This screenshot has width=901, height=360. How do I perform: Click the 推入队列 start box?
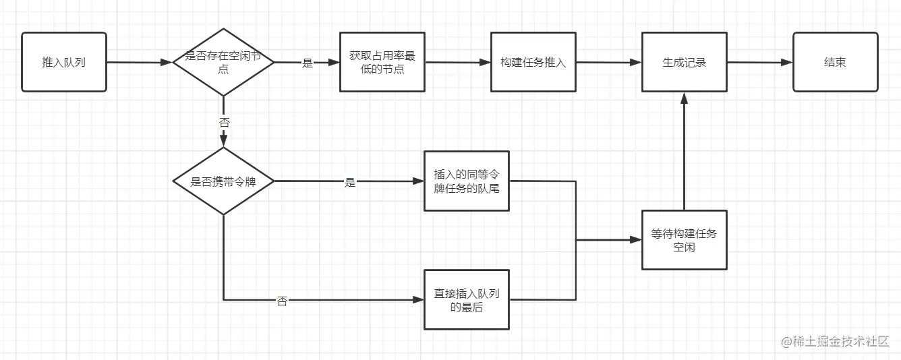pos(64,62)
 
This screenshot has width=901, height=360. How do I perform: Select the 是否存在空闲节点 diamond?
pos(223,62)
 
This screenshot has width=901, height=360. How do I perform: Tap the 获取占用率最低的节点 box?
pos(382,62)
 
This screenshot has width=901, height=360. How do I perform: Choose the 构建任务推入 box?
pos(533,62)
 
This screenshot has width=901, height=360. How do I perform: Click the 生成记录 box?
pos(684,62)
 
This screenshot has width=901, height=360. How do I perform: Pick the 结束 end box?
pos(835,62)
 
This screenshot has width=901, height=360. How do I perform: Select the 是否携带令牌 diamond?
pos(223,181)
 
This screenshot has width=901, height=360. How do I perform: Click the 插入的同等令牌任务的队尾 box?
pos(467,181)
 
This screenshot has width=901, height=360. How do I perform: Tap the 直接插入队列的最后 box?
pos(467,300)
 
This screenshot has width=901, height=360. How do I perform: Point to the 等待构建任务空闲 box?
pos(684,240)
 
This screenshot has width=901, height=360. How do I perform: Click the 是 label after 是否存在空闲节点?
pos(308,63)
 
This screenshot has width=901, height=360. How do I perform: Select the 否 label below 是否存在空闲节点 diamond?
pos(224,122)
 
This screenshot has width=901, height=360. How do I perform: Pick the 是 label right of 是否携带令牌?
pos(349,182)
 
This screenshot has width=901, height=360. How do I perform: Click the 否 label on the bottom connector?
pos(282,301)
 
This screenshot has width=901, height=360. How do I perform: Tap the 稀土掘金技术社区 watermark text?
pos(836,342)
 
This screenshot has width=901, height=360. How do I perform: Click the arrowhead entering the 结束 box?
pos(787,62)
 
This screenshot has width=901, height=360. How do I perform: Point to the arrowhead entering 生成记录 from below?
pos(684,98)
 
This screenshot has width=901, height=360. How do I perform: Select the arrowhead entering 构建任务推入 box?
pos(485,62)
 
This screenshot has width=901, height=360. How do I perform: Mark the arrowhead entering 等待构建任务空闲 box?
pos(636,239)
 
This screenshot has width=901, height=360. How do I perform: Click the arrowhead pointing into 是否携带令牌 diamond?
pos(223,142)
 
